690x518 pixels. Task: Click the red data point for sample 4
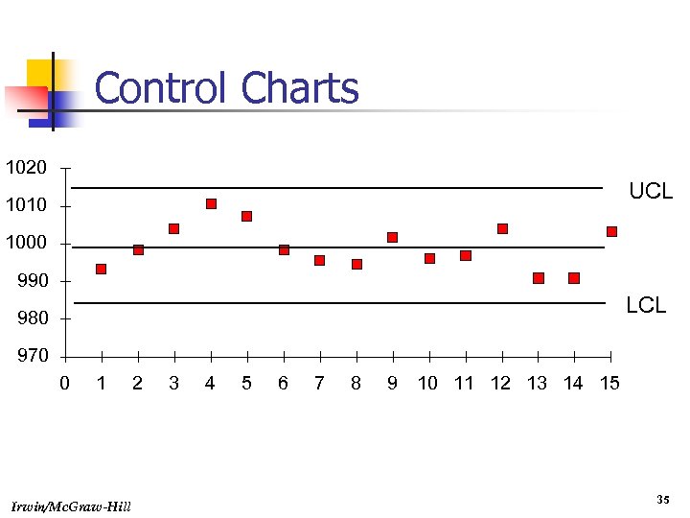click(x=211, y=203)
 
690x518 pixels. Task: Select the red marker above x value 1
click(x=101, y=270)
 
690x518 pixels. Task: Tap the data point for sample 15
click(x=611, y=231)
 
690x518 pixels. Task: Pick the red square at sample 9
click(x=392, y=237)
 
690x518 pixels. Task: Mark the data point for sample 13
click(x=539, y=278)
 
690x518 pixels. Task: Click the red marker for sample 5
click(x=246, y=216)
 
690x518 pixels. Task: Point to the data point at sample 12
click(x=502, y=228)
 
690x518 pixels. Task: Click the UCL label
click(x=651, y=192)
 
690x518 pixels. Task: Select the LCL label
click(x=646, y=306)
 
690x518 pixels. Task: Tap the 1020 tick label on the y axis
click(x=26, y=168)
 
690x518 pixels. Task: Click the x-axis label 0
click(x=64, y=384)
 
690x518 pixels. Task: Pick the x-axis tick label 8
click(x=356, y=384)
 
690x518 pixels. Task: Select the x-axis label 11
click(x=464, y=384)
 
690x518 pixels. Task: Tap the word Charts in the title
click(x=300, y=89)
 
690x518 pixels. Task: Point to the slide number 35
click(x=662, y=500)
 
